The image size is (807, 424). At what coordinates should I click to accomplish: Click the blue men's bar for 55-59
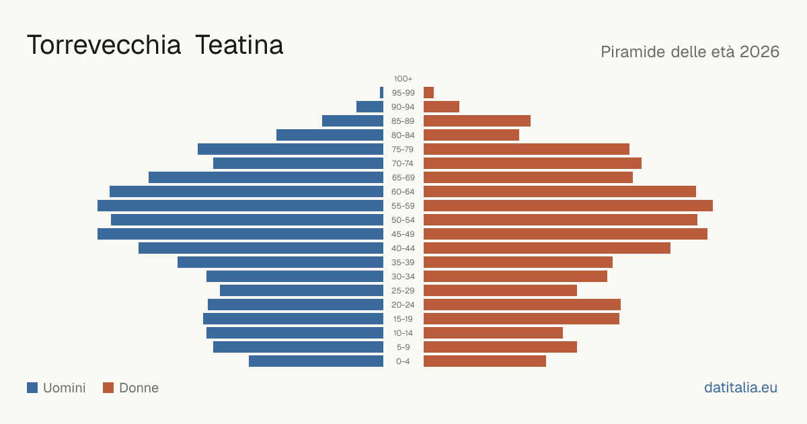coord(240,206)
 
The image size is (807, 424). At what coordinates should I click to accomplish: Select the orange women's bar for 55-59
coord(568,206)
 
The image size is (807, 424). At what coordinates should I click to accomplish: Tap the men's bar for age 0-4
coord(316,361)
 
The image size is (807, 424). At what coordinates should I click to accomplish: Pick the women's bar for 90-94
coord(441,107)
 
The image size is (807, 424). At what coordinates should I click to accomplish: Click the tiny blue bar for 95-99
coord(381,93)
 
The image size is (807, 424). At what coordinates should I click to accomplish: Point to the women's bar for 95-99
coord(429,93)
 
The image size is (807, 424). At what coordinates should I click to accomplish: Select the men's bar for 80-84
coord(330,135)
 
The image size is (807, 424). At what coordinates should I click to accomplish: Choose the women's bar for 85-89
coord(477,121)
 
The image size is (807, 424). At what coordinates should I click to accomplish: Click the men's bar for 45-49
coord(240,234)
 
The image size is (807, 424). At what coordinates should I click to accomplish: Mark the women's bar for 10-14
coord(493,333)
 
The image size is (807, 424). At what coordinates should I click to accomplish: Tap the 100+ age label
coord(403,79)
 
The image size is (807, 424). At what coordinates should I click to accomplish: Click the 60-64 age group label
coord(403,192)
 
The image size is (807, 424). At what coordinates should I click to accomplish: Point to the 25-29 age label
coord(403,291)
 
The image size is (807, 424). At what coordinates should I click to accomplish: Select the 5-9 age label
coord(403,347)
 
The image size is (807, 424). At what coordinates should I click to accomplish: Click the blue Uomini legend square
coord(32,388)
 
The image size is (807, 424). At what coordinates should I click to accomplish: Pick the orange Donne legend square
coord(108,388)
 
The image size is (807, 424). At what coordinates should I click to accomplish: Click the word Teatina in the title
coord(239,46)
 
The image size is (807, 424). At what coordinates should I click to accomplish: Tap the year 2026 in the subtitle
coord(759,52)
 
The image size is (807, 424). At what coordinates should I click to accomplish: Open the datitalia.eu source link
coord(740,388)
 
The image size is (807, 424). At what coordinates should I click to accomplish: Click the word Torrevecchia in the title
coord(104,46)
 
